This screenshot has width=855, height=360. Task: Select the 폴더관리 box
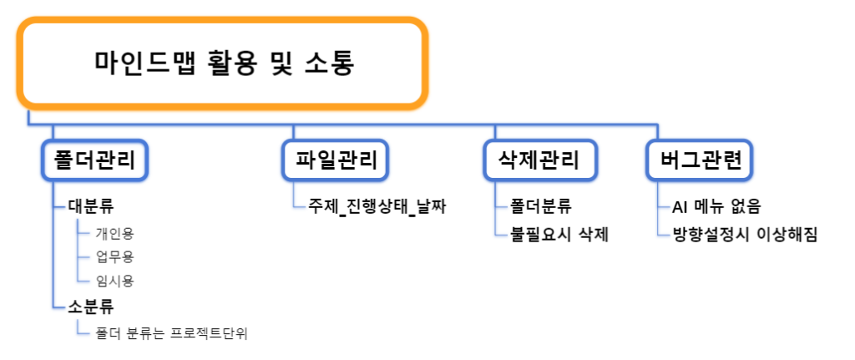[95, 160]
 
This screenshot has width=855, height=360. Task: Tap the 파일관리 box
[336, 160]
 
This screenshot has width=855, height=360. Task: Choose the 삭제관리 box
[540, 160]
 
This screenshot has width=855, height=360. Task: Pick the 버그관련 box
[699, 160]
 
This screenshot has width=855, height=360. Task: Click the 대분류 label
[91, 207]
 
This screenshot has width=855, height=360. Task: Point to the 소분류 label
[91, 307]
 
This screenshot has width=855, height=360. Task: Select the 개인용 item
[114, 233]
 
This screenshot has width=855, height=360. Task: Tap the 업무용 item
[114, 257]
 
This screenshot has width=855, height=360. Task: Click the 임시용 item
[114, 281]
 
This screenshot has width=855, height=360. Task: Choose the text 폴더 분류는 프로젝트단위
[171, 333]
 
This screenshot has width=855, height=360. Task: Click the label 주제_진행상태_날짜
[377, 207]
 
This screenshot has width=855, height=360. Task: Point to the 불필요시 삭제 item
[559, 235]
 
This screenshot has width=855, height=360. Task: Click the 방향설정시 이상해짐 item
[745, 235]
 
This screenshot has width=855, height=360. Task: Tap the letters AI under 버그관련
[680, 207]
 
